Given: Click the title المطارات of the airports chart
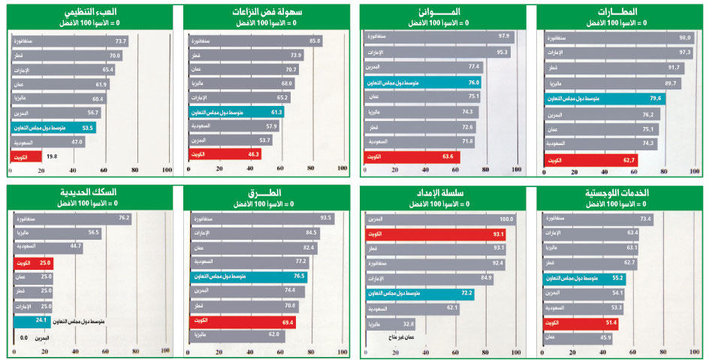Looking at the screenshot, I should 618,13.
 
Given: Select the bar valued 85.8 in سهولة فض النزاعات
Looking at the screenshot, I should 255,41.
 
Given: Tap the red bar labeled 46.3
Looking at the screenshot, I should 225,154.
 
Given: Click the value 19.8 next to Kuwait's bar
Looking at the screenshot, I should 52,156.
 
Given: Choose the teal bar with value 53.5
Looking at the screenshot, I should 53,128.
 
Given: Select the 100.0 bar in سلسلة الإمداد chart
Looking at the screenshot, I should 440,219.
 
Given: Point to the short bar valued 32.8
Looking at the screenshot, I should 390,325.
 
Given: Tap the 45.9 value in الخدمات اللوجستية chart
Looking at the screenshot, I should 606,337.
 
